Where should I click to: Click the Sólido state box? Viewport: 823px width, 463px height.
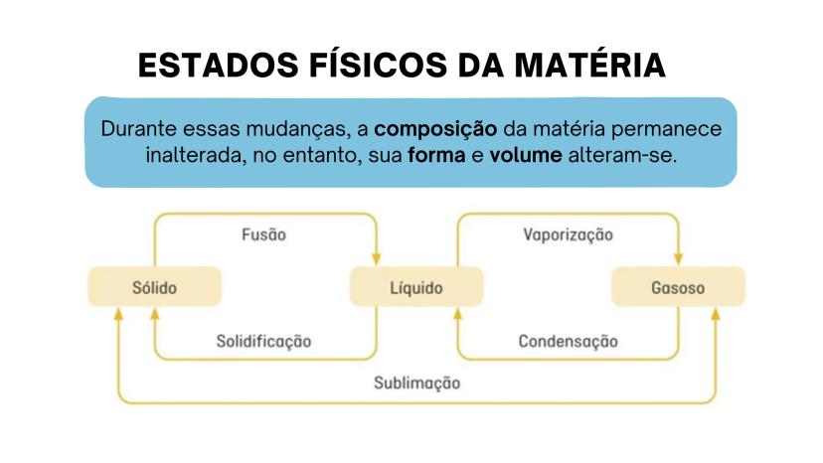tap(155, 286)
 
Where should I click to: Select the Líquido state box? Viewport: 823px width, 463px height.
tap(416, 286)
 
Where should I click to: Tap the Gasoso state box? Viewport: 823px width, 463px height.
tap(678, 286)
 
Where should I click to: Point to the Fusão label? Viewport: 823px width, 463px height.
tap(264, 234)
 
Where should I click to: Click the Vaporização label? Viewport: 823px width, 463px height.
tap(568, 235)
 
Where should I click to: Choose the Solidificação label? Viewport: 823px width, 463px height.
tap(264, 342)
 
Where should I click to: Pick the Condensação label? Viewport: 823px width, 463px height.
tap(568, 342)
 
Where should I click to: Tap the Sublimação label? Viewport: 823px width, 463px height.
tap(416, 384)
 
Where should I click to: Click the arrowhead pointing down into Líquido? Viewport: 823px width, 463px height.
tap(377, 258)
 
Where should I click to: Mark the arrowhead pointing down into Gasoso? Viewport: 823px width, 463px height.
tap(678, 258)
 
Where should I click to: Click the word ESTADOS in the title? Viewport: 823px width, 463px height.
tap(219, 66)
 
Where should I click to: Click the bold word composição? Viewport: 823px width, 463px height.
tap(435, 130)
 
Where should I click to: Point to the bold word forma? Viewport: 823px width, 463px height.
tap(436, 155)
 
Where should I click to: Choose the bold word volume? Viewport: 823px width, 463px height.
tap(526, 155)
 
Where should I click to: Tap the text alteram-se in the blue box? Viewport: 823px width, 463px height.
tap(622, 155)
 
